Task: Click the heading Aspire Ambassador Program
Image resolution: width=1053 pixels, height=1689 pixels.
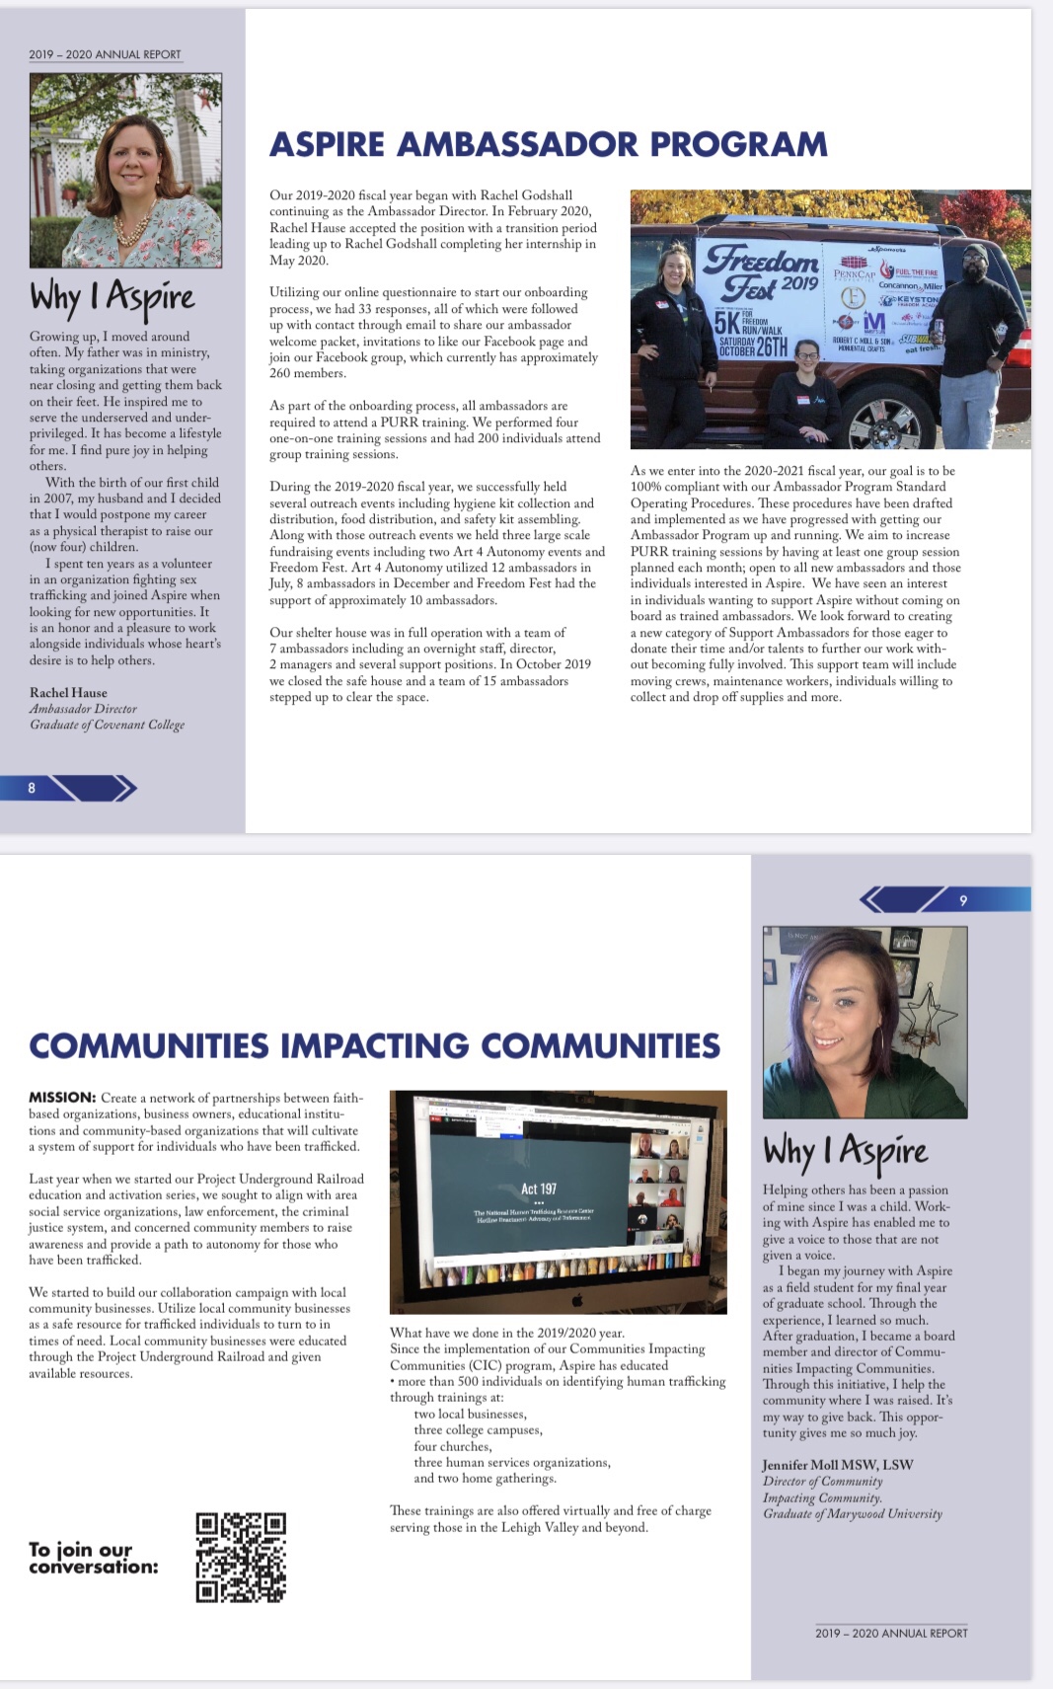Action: click(x=549, y=144)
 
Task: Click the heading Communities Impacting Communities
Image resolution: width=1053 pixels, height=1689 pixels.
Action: click(x=374, y=1045)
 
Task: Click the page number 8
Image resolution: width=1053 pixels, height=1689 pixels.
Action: click(x=32, y=788)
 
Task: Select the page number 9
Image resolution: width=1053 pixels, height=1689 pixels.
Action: click(x=963, y=900)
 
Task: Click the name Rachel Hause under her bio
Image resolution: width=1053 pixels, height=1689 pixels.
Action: click(x=68, y=693)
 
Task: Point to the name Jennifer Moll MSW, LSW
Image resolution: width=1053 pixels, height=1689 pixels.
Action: click(x=837, y=1465)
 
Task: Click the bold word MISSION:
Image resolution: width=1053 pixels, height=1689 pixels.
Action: click(x=61, y=1098)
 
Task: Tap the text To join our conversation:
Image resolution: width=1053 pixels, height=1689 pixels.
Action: click(x=93, y=1558)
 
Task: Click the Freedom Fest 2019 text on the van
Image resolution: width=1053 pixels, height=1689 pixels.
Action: click(x=761, y=271)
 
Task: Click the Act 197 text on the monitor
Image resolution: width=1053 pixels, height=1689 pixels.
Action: click(x=539, y=1189)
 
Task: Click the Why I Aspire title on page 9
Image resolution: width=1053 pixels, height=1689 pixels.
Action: click(x=845, y=1151)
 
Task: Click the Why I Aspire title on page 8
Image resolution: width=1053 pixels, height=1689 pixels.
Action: click(x=112, y=297)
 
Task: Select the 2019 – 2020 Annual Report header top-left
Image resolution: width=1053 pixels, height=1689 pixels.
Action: click(x=105, y=54)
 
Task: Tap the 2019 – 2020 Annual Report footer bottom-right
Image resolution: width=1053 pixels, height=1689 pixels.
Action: click(x=891, y=1633)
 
